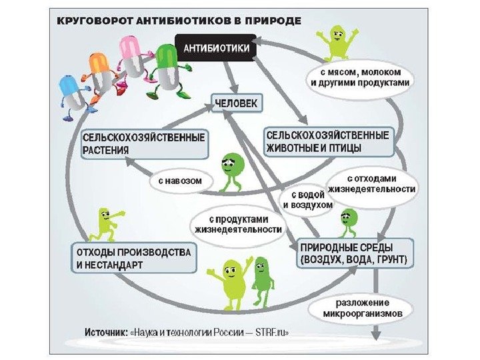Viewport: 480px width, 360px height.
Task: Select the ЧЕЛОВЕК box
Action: (238, 103)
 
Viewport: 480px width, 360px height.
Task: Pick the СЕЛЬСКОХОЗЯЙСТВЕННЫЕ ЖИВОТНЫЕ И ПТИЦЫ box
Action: (327, 140)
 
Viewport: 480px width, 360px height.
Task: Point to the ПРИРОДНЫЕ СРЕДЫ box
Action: (353, 252)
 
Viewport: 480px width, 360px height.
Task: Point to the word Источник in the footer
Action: (105, 333)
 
